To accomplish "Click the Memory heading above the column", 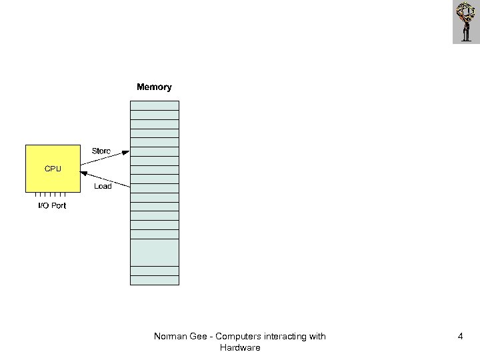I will coord(154,87).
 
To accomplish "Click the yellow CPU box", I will coord(53,168).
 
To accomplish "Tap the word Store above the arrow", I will coord(101,151).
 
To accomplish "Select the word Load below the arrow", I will coord(103,186).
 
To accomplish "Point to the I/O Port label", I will coord(51,205).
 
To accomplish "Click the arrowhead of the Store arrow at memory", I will coord(127,151).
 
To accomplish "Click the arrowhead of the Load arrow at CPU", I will coord(83,173).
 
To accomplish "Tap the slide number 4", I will coord(460,337).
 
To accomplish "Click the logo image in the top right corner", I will coord(465,22).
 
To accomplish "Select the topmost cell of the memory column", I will coord(154,105).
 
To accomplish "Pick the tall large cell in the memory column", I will coord(154,252).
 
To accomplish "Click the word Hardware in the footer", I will coord(239,348).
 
